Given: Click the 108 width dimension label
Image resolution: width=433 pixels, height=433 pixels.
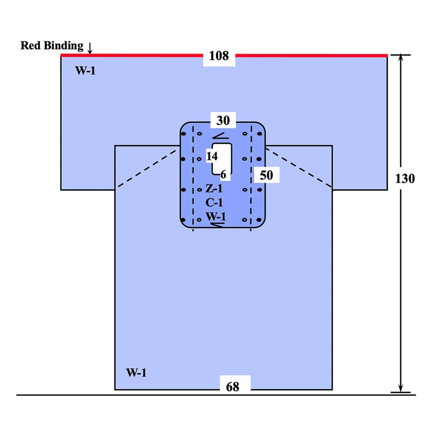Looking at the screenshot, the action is [219, 56].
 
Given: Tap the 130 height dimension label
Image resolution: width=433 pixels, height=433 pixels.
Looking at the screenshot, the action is [405, 179].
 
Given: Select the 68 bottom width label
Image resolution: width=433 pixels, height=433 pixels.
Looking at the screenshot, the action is [232, 387].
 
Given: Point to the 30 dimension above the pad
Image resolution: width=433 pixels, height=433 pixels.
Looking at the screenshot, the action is [223, 121].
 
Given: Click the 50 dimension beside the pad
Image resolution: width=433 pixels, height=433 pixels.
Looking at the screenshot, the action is [266, 175].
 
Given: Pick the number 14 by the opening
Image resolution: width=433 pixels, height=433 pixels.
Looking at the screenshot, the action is [212, 156].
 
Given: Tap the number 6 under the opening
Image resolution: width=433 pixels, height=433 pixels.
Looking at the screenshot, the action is [223, 174].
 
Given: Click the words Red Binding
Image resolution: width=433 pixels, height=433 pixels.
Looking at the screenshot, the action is [52, 45].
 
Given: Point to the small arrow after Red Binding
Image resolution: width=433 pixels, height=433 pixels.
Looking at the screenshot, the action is [89, 48].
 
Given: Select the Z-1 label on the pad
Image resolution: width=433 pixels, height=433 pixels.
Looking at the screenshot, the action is [214, 188].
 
